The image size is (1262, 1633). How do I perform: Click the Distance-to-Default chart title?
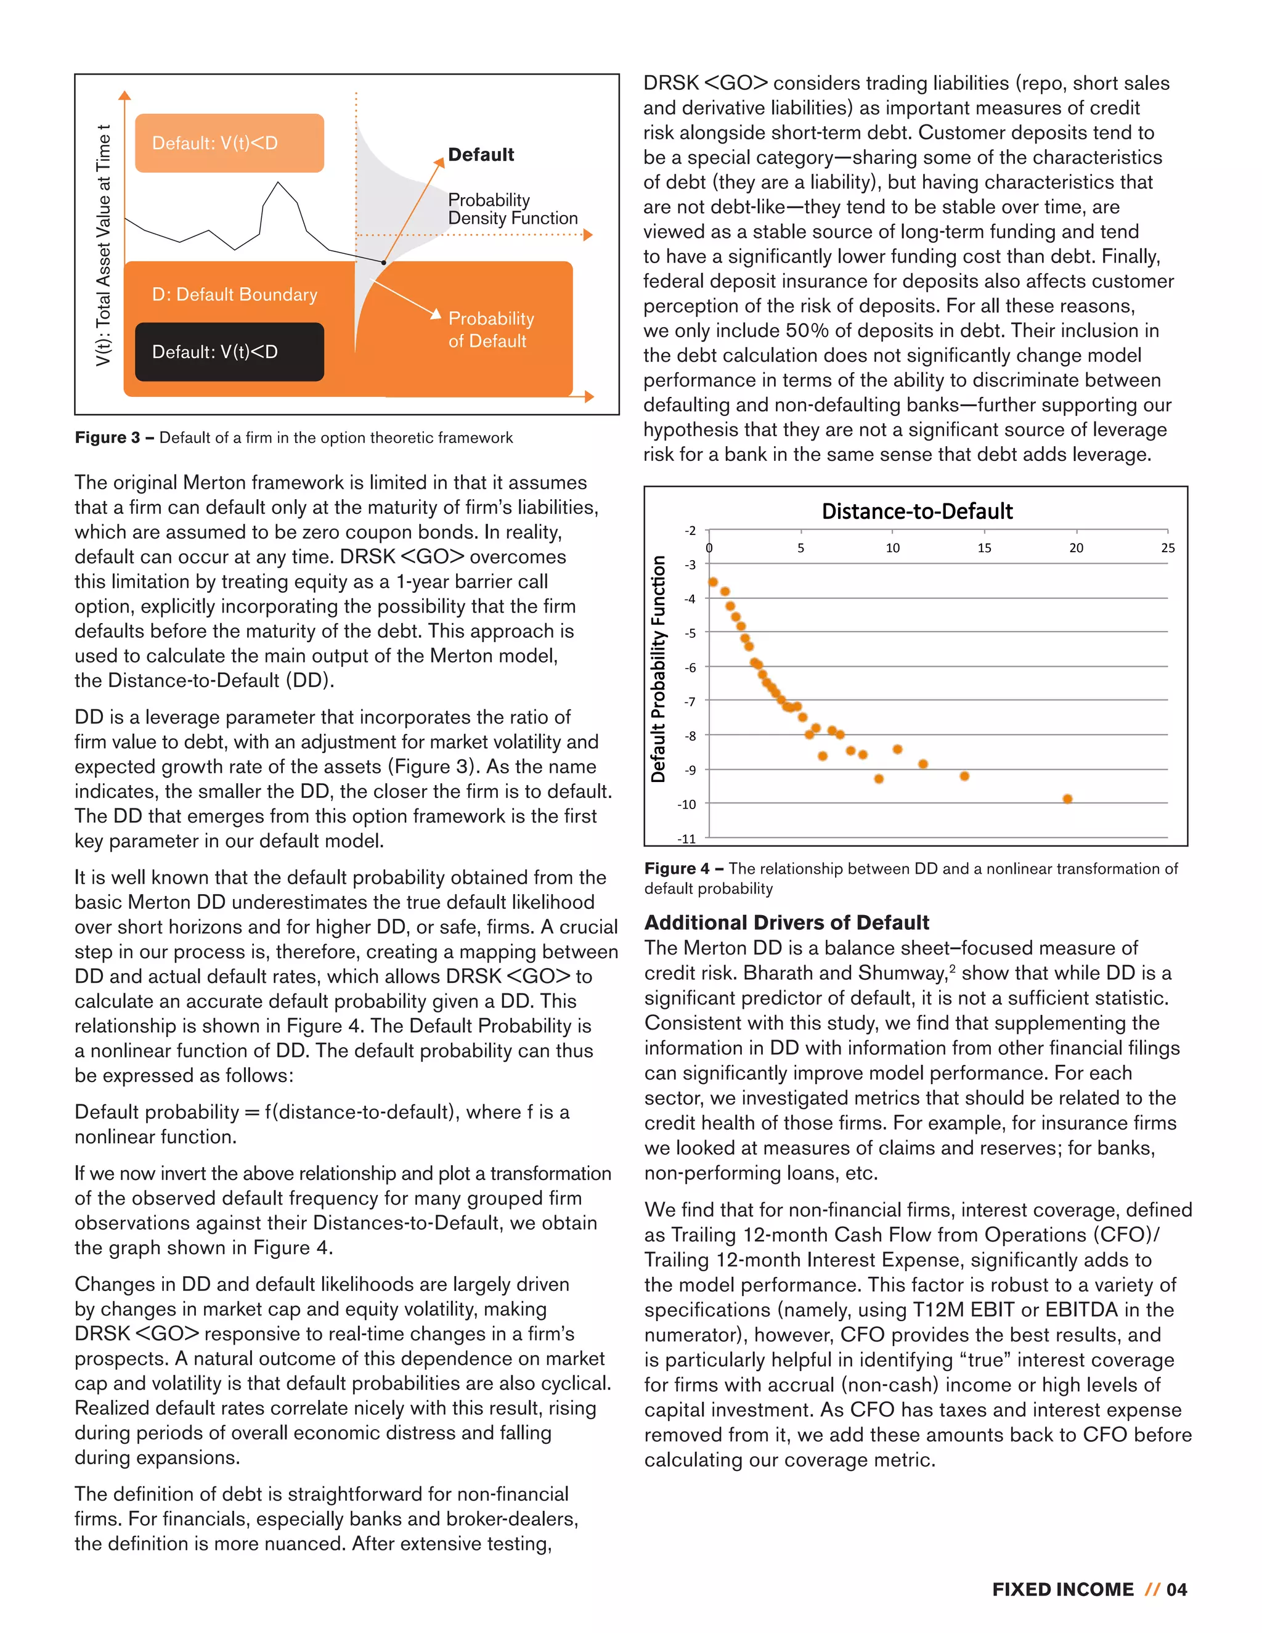point(916,511)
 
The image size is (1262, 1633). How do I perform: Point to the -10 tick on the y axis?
point(686,805)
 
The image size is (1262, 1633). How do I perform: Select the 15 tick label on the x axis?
point(984,548)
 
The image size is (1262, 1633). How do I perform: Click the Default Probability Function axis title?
point(658,669)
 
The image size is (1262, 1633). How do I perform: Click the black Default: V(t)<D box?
point(229,351)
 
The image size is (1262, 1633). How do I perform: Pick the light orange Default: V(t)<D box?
point(229,143)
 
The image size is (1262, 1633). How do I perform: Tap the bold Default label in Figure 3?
point(481,155)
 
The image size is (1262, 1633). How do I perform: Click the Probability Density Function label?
point(512,210)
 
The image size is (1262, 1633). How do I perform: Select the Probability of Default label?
point(491,330)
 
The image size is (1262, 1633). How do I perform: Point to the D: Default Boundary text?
point(235,295)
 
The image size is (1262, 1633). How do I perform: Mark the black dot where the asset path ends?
point(383,263)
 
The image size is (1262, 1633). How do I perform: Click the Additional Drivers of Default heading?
point(786,922)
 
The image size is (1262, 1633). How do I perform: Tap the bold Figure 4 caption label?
point(677,869)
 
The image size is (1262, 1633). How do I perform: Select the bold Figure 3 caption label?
point(107,438)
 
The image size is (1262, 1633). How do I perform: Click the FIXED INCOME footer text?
point(1062,1590)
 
